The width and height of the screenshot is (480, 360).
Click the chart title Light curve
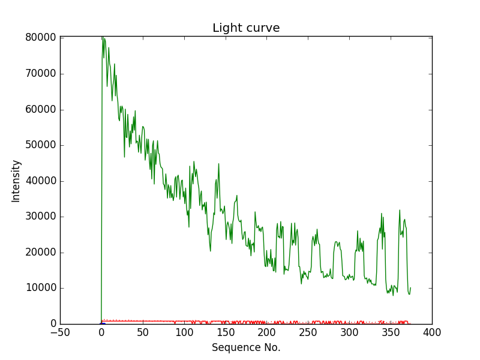(x=246, y=28)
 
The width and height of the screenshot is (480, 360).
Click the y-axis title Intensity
(x=16, y=181)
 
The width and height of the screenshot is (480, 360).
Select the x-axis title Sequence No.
(x=246, y=347)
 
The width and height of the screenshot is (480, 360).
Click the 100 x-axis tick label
(x=184, y=332)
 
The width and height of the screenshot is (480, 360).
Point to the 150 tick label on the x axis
(x=226, y=332)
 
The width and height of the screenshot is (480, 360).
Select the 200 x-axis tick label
(x=267, y=332)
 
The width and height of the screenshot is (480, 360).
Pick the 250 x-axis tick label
(x=308, y=332)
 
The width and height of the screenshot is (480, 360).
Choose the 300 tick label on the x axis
(x=349, y=332)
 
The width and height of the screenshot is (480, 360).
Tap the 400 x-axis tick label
(x=432, y=332)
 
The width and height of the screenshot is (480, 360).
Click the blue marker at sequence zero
(x=103, y=324)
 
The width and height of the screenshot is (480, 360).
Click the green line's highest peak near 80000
(x=103, y=38)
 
